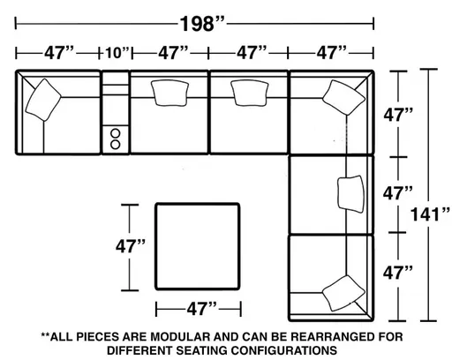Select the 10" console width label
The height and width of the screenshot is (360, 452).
116,54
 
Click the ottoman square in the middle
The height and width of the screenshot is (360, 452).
198,246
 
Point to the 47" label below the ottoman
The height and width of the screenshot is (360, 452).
199,309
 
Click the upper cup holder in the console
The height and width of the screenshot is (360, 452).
116,131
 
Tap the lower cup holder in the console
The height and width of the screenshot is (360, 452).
116,143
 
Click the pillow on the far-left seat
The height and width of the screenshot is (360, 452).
44,100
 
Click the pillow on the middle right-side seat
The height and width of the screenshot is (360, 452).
350,191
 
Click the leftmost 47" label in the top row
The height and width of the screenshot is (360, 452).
58,54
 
